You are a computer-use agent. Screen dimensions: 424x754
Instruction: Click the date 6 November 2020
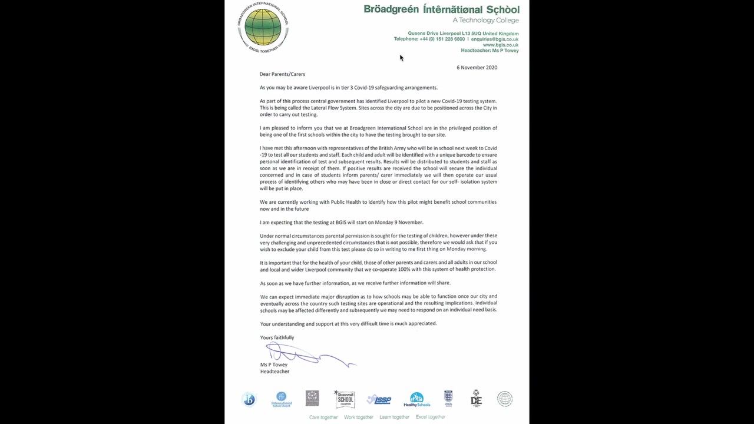477,68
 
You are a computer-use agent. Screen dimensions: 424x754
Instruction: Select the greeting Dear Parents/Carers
283,74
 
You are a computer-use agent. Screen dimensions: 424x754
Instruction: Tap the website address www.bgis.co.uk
501,45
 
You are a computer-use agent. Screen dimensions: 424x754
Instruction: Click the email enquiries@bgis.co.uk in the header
495,39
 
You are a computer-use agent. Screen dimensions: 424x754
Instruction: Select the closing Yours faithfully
277,337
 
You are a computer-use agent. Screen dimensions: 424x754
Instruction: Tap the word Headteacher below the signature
275,372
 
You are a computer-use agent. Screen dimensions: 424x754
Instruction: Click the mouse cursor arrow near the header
401,57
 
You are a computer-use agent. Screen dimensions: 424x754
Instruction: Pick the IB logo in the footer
249,399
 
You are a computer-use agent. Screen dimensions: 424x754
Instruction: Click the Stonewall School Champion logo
345,399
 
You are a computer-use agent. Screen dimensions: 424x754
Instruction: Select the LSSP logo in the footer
379,400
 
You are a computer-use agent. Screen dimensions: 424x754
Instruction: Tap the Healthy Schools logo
416,400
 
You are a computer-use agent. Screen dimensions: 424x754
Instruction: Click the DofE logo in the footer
476,399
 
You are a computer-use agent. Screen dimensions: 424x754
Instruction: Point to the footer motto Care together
323,417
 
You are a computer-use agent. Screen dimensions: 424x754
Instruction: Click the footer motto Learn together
394,417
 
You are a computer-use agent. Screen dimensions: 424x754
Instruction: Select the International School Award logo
281,399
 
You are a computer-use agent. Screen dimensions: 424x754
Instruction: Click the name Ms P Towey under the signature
274,365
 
